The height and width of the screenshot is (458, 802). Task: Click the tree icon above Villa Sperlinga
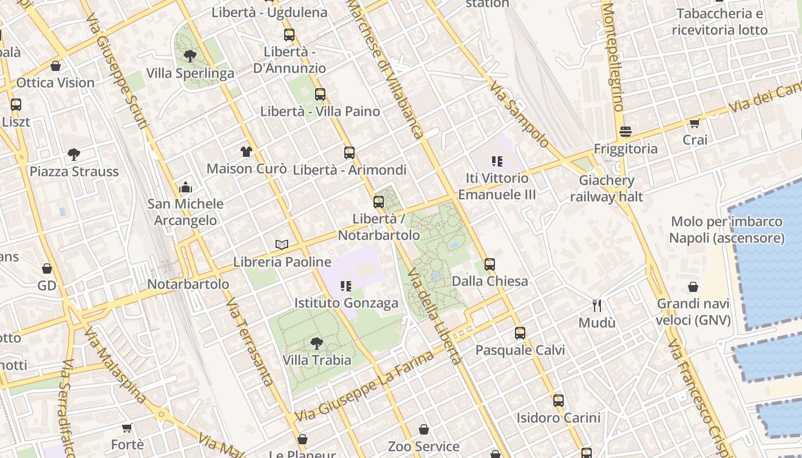coord(190,56)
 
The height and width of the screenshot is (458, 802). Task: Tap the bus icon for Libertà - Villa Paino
coord(320,94)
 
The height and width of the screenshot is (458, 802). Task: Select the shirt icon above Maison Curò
coord(246,152)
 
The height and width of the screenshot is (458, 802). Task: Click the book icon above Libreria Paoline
coord(282,245)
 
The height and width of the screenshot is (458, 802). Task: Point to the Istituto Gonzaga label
coord(346,303)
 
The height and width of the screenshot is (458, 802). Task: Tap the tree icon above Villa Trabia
coord(316,343)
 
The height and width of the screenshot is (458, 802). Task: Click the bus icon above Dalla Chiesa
coord(490,264)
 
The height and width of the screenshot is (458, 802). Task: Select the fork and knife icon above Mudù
coord(597,306)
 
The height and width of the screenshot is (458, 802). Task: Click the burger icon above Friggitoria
coord(626,132)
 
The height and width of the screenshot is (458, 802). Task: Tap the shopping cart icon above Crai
coord(695,123)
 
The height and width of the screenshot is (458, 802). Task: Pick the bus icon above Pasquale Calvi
coord(520,333)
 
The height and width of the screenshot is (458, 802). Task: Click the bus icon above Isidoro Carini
coord(559,401)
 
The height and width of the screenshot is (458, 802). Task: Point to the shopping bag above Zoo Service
coord(424,429)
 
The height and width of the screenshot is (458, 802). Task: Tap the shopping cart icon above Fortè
coord(127,428)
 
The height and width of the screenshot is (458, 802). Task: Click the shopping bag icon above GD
coord(47,269)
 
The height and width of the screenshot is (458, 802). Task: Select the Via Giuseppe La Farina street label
coord(364,387)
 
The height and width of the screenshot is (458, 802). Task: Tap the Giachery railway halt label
coord(607,189)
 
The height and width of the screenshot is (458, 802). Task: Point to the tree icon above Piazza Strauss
coord(74,154)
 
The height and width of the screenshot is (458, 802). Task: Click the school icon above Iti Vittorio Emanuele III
coord(497,161)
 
